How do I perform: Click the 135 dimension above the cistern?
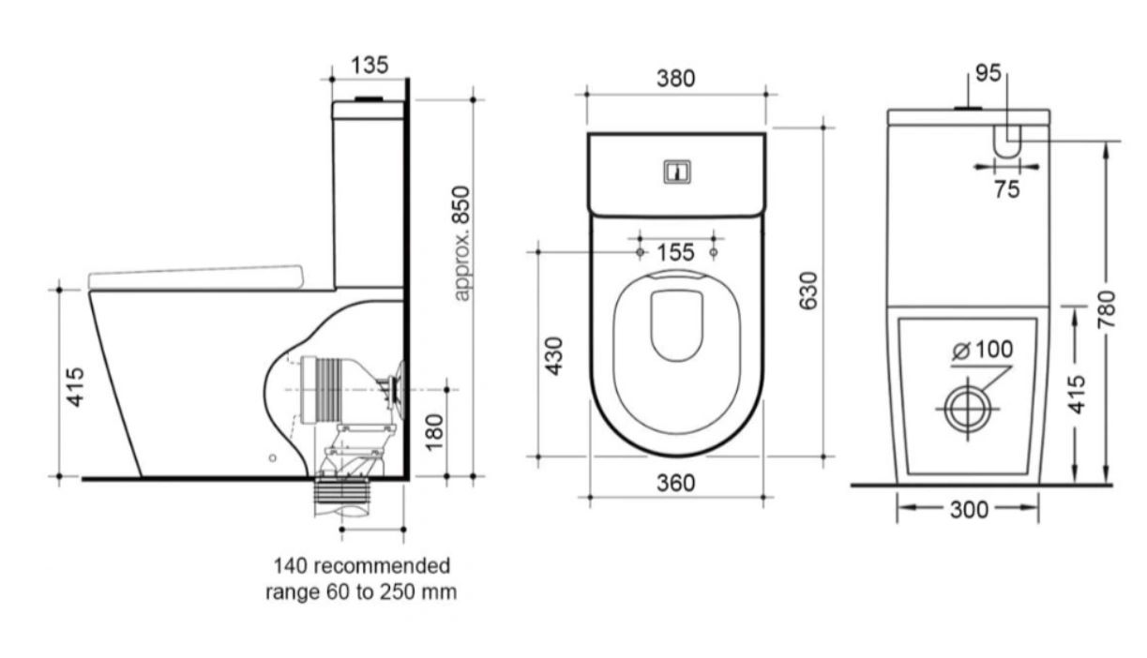(370, 66)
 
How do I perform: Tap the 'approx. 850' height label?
(461, 244)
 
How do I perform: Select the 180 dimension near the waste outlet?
(434, 432)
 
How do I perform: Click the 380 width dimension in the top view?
(676, 79)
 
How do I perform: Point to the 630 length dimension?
(808, 292)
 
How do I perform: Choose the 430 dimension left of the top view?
(553, 356)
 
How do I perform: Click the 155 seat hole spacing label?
(676, 253)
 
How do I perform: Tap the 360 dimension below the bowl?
(676, 484)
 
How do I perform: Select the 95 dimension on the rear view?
(988, 73)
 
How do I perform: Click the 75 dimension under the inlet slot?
(1007, 190)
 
